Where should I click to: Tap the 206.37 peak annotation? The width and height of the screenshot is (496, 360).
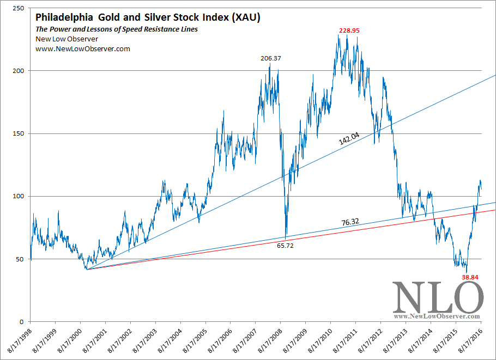pos(270,58)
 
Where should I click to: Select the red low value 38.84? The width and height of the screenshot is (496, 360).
pos(470,277)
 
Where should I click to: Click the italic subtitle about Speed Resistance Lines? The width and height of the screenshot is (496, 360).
pos(117,29)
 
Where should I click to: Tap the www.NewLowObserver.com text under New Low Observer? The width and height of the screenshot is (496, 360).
pos(83,49)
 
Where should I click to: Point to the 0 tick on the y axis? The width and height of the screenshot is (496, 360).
pos(24,322)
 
